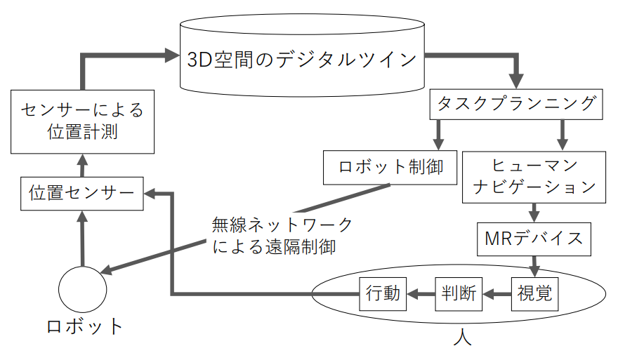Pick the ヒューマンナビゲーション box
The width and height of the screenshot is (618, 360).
click(534, 177)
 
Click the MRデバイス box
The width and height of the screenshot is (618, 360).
click(534, 238)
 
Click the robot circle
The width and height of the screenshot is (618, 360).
click(82, 288)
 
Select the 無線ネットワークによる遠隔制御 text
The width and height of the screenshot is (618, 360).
click(282, 236)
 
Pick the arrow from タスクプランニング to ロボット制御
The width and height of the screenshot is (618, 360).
click(439, 134)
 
